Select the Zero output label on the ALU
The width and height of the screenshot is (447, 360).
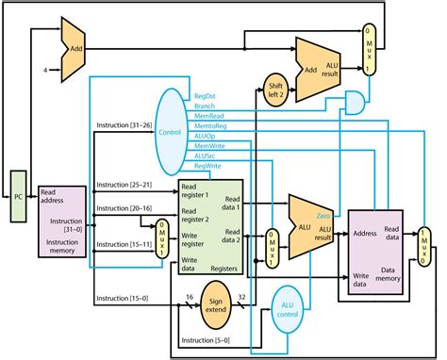(323, 216)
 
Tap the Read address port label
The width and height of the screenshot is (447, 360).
(55, 196)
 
